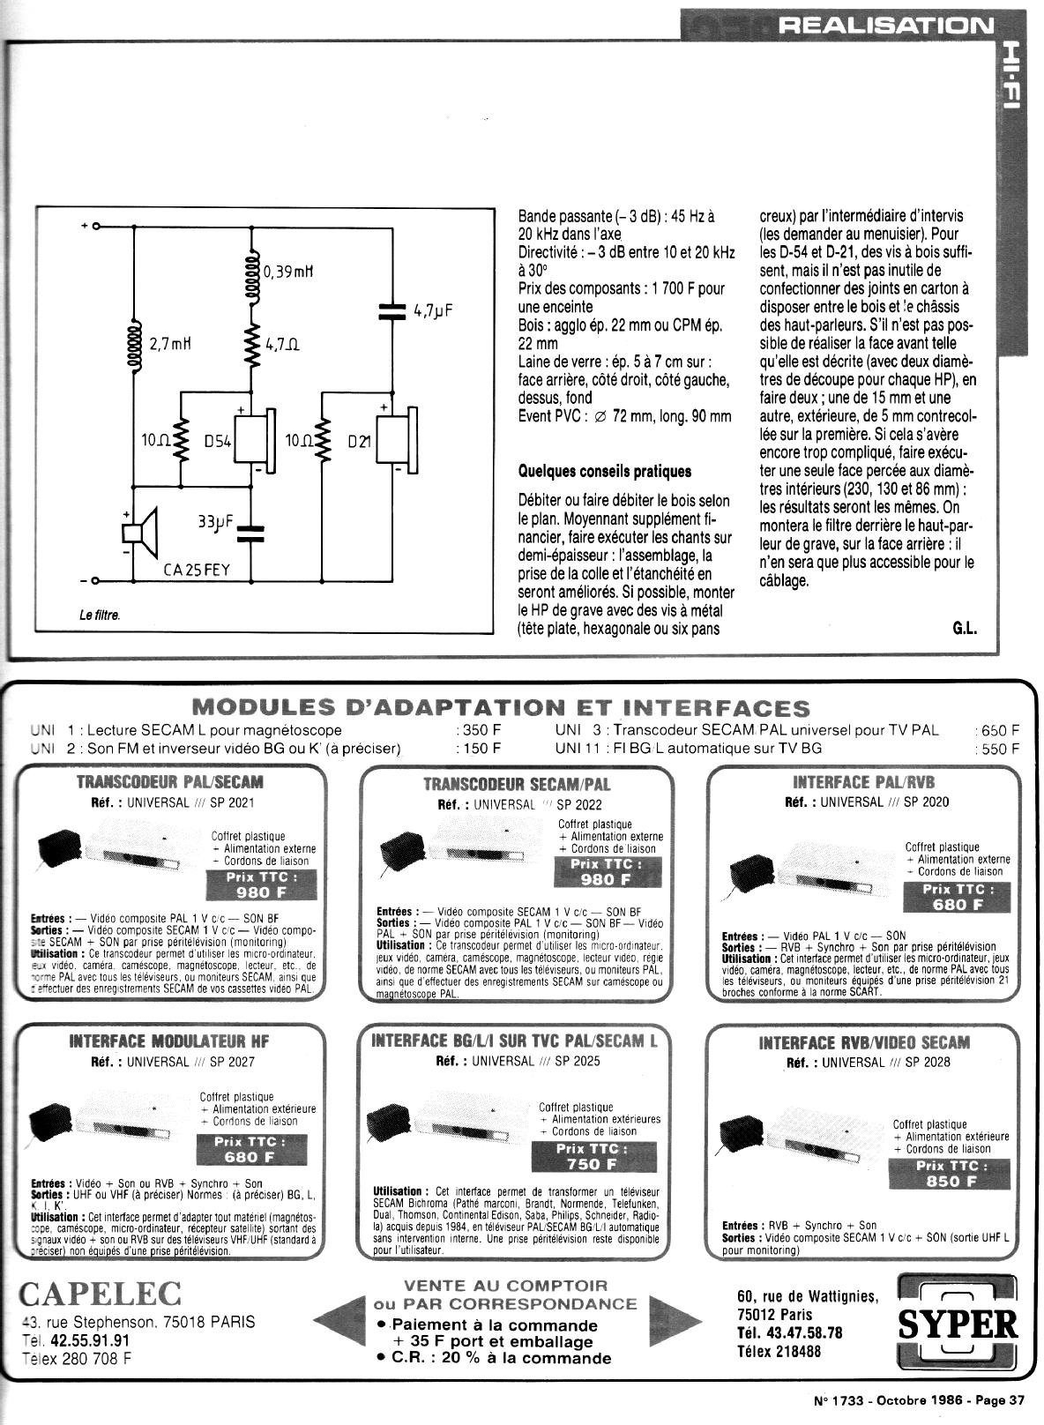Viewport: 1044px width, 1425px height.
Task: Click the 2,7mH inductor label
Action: pos(171,345)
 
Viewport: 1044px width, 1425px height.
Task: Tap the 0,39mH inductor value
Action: pos(290,272)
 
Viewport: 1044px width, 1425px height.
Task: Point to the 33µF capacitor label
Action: pos(215,521)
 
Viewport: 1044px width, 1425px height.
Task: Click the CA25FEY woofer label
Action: pos(197,570)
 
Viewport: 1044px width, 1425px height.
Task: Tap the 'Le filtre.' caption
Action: pos(100,615)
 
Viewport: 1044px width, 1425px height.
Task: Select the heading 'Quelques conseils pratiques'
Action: pos(605,471)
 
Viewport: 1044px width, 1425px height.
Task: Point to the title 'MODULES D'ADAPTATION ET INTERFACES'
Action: pos(500,707)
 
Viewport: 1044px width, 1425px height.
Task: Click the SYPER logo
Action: pos(958,1324)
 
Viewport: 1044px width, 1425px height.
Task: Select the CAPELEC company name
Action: pos(100,1294)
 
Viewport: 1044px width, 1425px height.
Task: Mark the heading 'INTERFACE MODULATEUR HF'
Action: pos(169,1041)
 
